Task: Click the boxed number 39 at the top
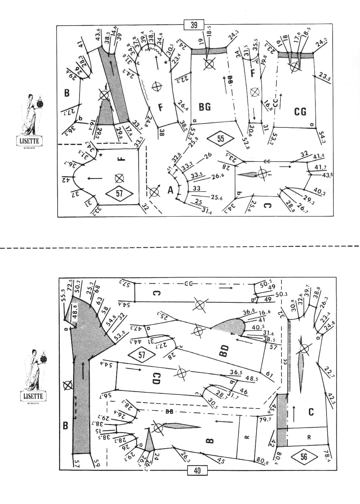[194, 25]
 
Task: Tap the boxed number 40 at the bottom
[197, 471]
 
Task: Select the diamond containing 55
[221, 138]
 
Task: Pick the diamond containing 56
[304, 457]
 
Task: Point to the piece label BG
[204, 107]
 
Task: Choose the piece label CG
[300, 112]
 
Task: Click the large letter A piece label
[170, 190]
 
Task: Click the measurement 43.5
[327, 175]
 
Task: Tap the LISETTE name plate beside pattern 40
[33, 396]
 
